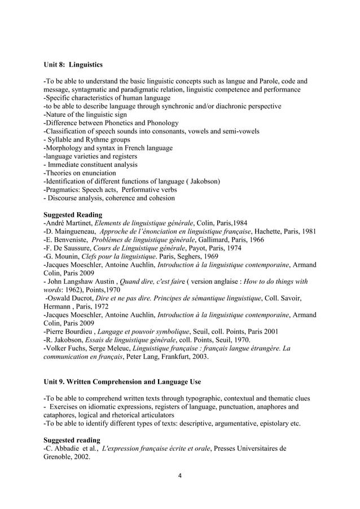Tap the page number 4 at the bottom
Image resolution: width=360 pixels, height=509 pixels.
coord(179,475)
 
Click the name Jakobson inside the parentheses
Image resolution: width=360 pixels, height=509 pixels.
coord(201,181)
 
